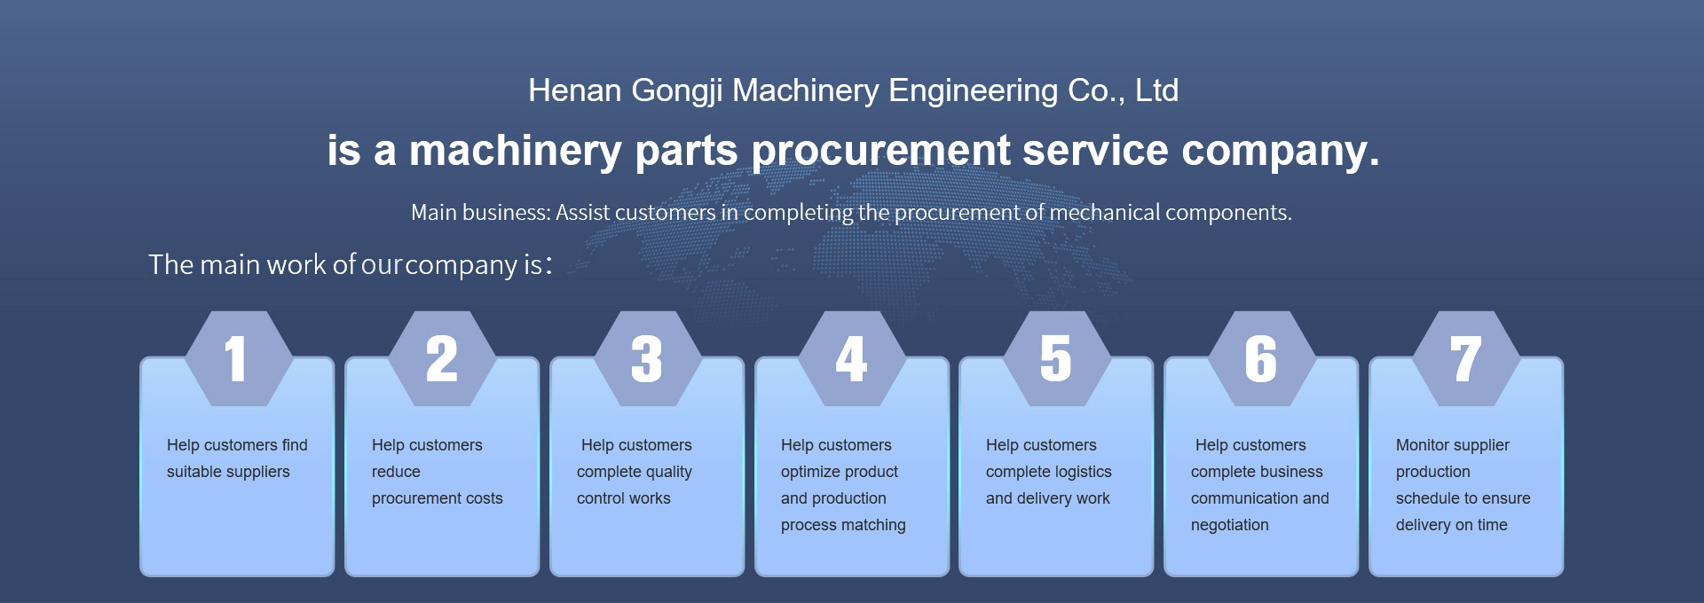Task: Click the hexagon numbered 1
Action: click(x=238, y=359)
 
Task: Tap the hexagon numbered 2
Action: click(x=442, y=359)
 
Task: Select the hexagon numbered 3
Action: click(x=647, y=359)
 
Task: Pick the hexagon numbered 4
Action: click(x=852, y=359)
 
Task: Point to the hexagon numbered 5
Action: click(x=1056, y=359)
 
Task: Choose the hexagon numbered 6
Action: click(x=1261, y=359)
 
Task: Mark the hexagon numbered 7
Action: click(x=1466, y=359)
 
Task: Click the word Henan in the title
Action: click(x=574, y=90)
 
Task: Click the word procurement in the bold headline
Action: click(x=880, y=150)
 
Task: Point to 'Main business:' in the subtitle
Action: click(x=481, y=213)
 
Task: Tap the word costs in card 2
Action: click(x=484, y=498)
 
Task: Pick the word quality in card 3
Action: click(x=663, y=473)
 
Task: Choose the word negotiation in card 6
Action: click(x=1229, y=526)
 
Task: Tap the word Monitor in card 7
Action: click(x=1422, y=445)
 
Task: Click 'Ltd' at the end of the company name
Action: click(x=1156, y=90)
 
